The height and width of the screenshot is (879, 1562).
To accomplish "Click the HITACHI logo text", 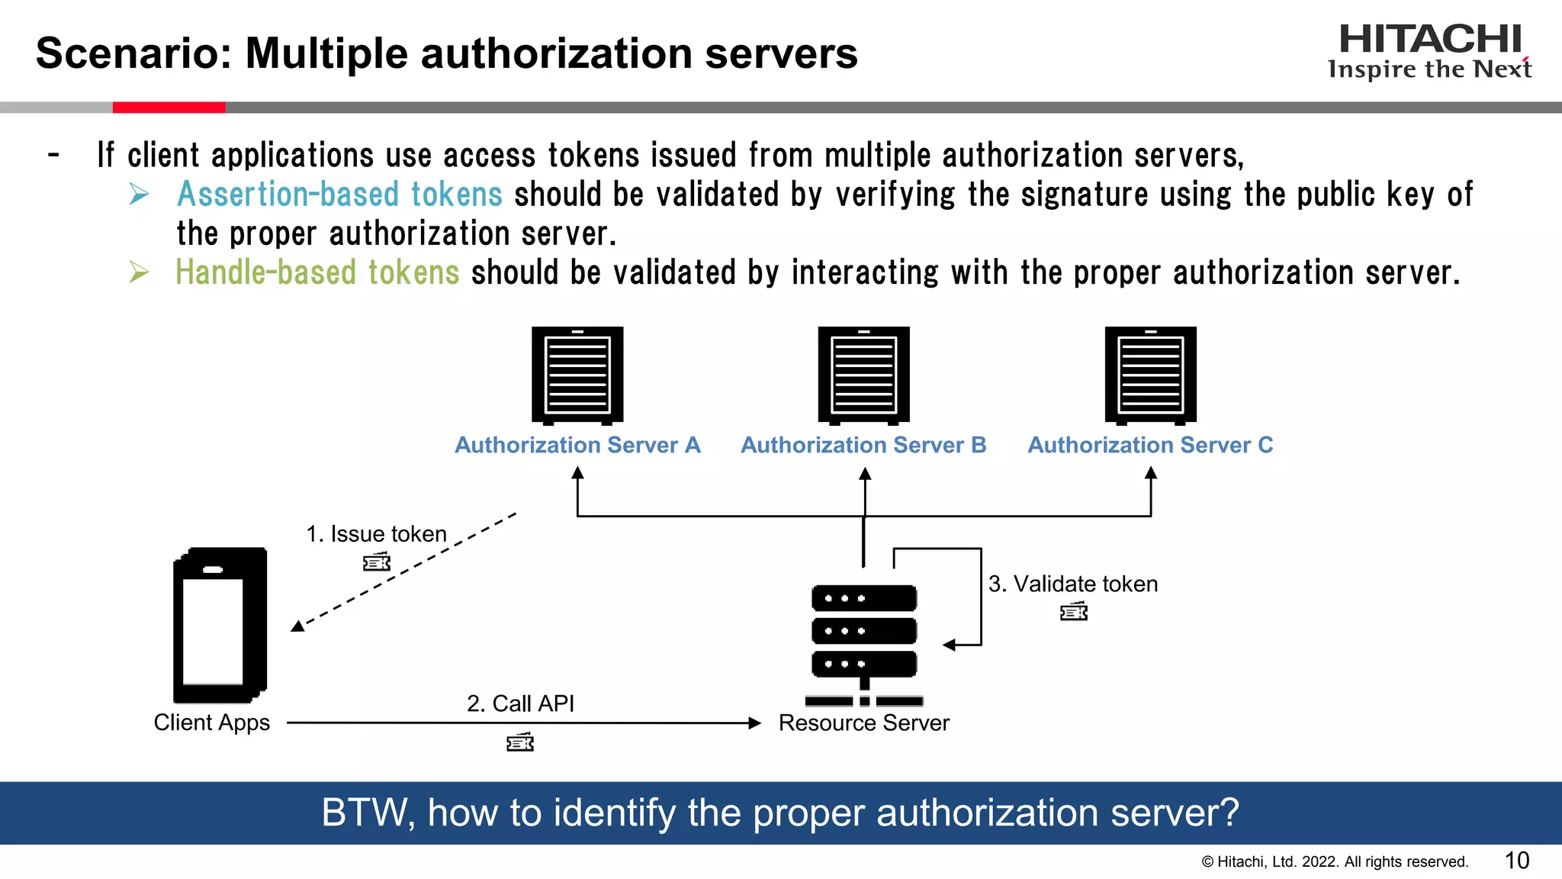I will [1429, 39].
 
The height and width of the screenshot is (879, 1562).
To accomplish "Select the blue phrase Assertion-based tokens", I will [339, 194].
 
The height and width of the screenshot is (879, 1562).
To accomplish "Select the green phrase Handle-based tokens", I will [317, 272].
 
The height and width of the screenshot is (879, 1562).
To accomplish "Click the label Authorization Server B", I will [863, 445].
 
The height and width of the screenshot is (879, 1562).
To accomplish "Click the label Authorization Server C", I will [1150, 445].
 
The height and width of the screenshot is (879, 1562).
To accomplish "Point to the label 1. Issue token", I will [376, 534].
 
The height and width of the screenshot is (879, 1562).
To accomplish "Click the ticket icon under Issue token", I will [377, 563].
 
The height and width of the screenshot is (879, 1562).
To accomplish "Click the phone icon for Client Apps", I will [220, 625].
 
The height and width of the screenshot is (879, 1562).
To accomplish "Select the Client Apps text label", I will [212, 723].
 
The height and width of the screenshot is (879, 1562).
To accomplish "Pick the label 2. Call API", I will [520, 704].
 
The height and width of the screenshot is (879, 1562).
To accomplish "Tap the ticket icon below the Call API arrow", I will [520, 742].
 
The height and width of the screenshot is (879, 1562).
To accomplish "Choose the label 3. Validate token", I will [1073, 584].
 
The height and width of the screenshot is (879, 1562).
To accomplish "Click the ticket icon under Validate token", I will [1074, 612].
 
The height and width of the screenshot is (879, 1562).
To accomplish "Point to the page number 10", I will [1517, 861].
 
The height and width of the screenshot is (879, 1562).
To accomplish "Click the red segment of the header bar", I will [169, 108].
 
